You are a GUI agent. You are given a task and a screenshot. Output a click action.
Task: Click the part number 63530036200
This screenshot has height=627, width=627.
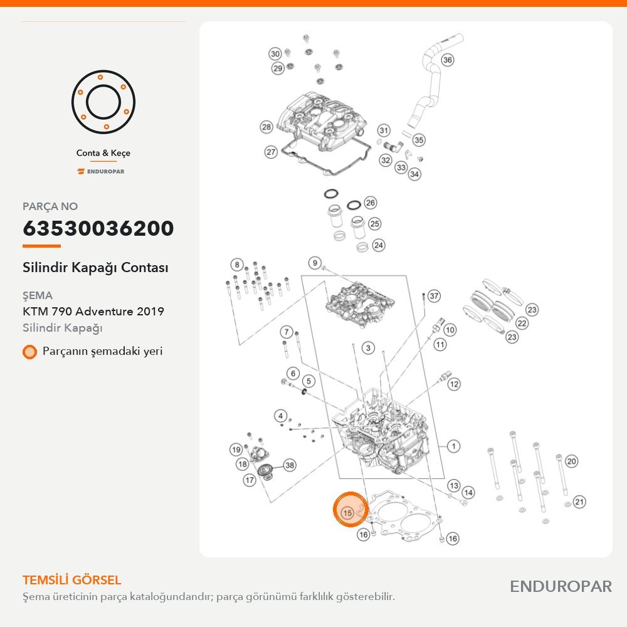coord(98,228)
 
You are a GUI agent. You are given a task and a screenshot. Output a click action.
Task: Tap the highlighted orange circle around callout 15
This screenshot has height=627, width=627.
coord(350,509)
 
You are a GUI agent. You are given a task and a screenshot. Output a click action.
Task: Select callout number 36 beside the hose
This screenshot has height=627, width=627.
coord(448,60)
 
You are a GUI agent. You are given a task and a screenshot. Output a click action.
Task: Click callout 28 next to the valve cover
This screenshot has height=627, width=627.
coord(266,127)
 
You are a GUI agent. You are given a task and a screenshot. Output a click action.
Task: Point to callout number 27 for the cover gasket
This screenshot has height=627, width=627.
coord(271,152)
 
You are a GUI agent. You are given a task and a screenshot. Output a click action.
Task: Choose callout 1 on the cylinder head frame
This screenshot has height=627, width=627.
coord(453,446)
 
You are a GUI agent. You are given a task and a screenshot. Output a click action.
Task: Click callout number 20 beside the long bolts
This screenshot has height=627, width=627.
coord(572,461)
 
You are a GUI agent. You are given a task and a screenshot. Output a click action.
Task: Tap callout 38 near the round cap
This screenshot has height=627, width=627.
coord(290,465)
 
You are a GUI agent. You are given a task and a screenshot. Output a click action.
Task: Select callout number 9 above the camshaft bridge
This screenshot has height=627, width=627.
coord(315,263)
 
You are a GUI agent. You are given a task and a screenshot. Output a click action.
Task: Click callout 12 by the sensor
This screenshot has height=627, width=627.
coord(454,384)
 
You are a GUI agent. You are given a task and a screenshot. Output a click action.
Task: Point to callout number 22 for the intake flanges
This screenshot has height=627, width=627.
coord(522,323)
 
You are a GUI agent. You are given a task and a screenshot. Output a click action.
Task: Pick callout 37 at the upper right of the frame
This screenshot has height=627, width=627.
coord(435,297)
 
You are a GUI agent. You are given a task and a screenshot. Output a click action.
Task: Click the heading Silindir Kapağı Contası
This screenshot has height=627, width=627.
coord(95,268)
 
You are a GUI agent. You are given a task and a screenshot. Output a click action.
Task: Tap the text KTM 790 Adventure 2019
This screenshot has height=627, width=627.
coord(93,312)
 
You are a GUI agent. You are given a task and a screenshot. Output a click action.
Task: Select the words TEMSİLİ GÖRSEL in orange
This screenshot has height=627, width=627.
coord(72,580)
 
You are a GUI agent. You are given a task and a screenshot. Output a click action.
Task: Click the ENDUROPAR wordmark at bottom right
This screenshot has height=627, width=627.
coord(561,587)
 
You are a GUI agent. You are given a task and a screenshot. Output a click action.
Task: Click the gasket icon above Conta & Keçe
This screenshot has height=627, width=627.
coord(103,102)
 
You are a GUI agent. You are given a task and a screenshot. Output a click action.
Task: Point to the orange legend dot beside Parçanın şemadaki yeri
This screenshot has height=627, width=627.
coord(29,352)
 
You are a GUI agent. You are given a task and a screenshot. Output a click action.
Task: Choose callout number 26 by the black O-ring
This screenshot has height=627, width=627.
coord(371,203)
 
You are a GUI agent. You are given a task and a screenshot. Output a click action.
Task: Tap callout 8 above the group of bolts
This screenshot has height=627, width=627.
coord(237,265)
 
